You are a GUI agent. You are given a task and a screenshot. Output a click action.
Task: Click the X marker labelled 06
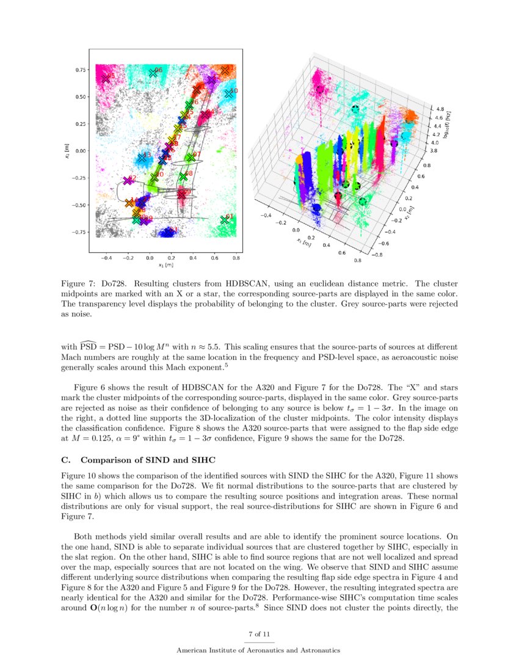coord(153,73)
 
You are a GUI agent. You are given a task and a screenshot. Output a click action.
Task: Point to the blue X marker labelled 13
coord(142,158)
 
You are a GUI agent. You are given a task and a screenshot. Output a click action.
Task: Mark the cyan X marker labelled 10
coord(229,93)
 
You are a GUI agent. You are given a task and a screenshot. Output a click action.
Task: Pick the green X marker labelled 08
coord(183,176)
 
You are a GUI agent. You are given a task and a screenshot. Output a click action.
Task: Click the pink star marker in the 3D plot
coord(319,89)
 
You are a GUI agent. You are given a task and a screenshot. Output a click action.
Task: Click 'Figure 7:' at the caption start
coord(79,285)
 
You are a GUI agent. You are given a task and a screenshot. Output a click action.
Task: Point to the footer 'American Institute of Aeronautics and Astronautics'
coord(259,651)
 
